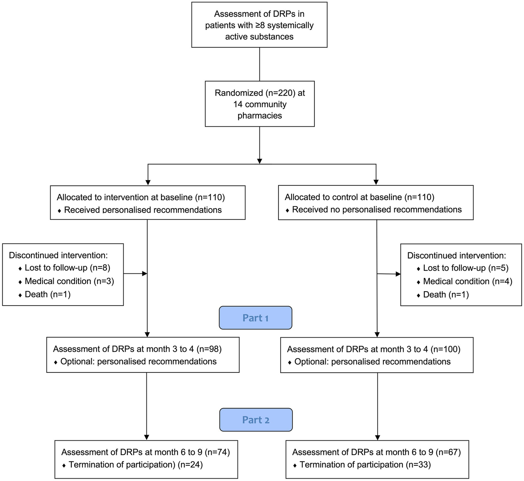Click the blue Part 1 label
255,318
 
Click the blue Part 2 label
256,420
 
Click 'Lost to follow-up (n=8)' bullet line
67,268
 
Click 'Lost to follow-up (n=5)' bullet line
466,268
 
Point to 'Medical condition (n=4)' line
467,281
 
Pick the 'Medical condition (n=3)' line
69,281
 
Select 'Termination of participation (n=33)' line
365,465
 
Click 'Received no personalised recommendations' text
377,210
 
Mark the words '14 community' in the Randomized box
260,104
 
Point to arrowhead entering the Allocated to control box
376,182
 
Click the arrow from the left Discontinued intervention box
135,273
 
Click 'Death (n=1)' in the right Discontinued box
446,295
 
